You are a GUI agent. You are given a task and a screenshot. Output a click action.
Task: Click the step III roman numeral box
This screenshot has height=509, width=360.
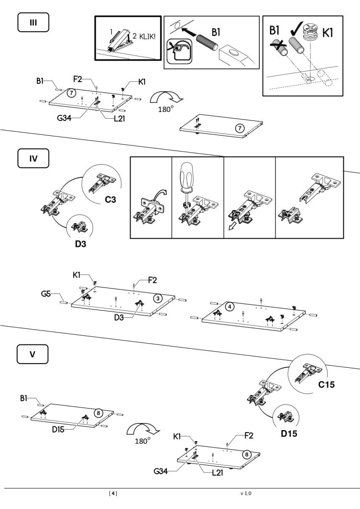tap(33, 22)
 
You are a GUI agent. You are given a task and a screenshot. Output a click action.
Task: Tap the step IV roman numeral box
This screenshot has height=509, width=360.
tap(33, 159)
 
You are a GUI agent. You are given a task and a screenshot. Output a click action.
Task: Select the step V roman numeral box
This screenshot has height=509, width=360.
tap(33, 354)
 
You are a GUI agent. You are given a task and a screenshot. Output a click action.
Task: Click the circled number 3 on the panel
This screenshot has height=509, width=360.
tap(158, 299)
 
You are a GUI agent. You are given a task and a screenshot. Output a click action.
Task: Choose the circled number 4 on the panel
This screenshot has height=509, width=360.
tap(229, 306)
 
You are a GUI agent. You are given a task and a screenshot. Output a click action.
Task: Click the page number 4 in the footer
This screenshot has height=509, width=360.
tap(113, 493)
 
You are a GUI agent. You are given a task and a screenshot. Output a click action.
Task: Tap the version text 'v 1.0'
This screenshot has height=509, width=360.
tap(245, 493)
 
